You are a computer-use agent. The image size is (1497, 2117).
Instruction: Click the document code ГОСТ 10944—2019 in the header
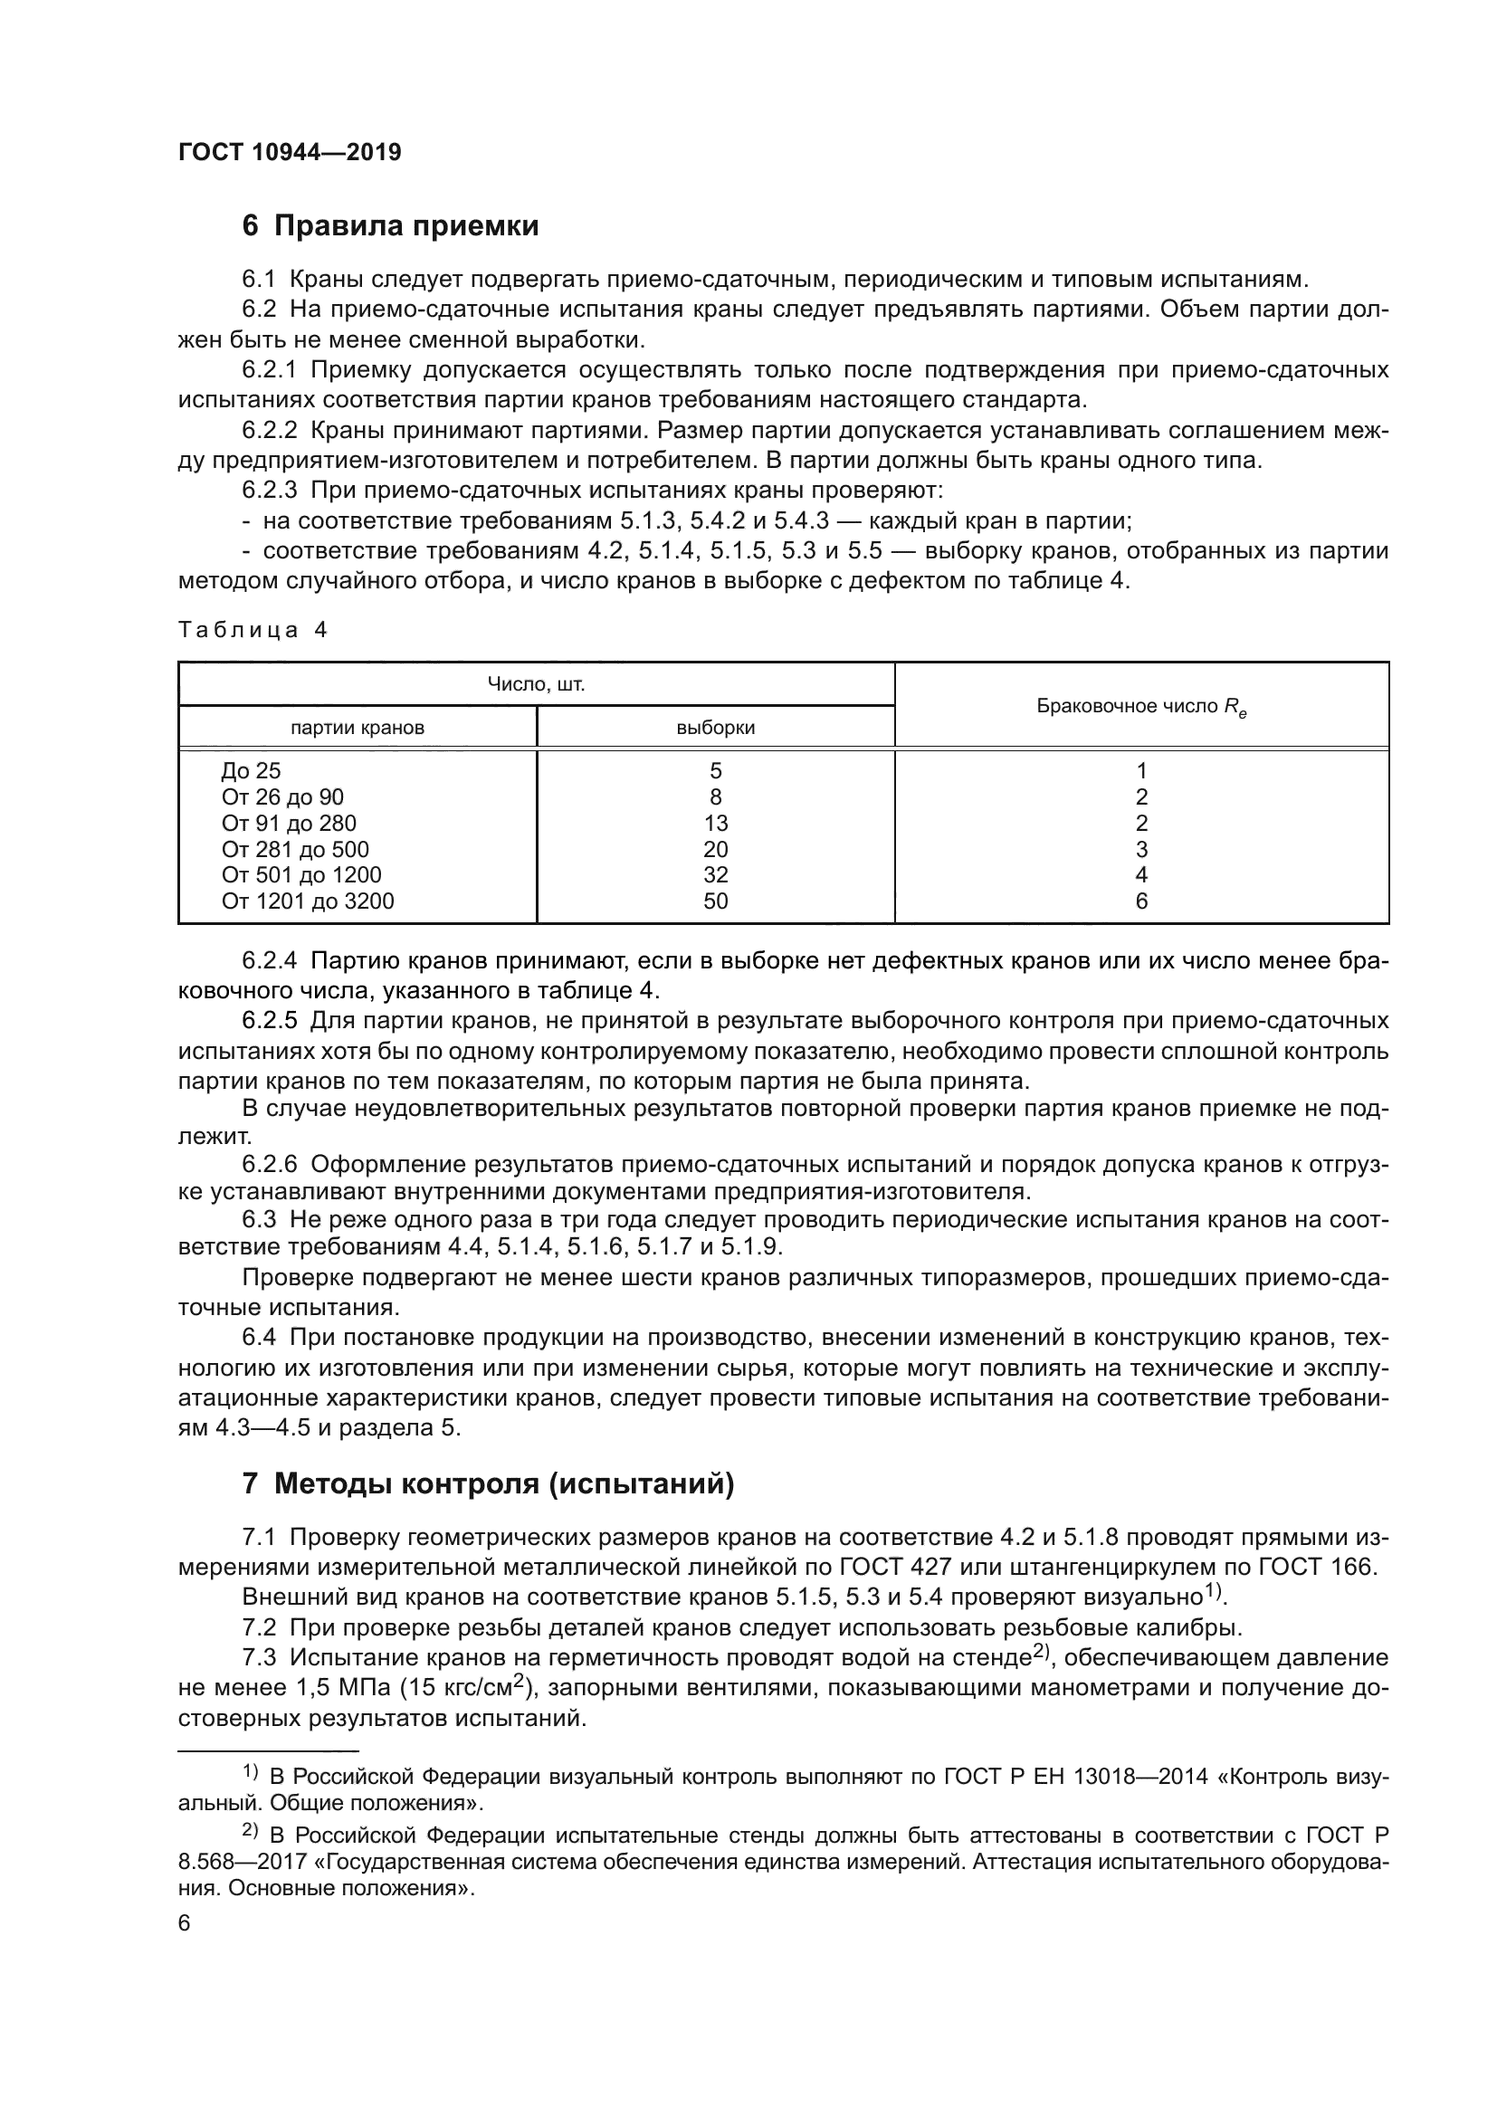290,153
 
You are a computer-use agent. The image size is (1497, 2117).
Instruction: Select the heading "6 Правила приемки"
390,226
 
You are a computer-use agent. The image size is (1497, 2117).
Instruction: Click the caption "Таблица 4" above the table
253,630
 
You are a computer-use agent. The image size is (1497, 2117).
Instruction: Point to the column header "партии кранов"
357,728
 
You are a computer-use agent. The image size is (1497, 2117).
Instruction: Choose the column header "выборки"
715,728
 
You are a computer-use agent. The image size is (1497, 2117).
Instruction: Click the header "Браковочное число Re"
1141,706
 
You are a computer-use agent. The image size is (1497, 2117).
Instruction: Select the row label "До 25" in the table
251,770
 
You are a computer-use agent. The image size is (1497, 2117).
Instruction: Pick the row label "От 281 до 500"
295,849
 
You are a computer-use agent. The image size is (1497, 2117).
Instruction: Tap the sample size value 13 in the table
715,823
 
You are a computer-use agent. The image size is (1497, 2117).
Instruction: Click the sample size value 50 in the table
715,901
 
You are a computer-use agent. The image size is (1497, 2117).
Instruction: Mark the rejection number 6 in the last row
1141,901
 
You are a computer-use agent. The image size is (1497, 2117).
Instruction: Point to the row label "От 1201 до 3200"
307,901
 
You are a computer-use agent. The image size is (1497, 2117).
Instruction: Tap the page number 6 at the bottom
184,1923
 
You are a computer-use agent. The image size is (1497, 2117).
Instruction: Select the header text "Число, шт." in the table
536,684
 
